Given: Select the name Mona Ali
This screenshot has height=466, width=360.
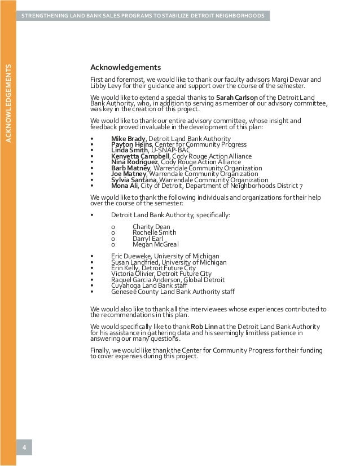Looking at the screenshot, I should click(x=124, y=186).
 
